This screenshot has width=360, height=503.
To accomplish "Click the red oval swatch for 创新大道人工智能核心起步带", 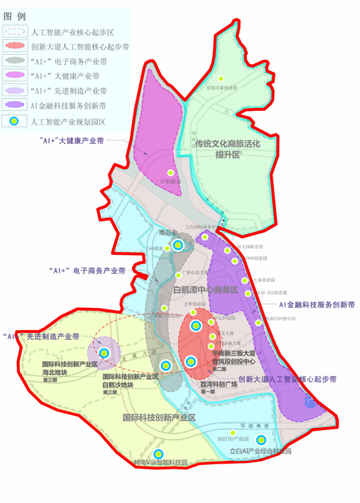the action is pos(14,46).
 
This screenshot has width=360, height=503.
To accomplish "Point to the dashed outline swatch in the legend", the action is pos(14,31).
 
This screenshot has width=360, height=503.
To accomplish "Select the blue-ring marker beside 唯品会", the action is pos(178,245).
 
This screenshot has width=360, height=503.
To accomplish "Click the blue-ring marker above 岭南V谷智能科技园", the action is pos(158,455).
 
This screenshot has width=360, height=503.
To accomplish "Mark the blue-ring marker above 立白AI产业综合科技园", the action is pos(260,440).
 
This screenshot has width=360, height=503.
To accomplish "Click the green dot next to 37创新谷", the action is pos(171,173).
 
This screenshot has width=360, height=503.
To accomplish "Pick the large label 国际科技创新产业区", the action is pos(159,417).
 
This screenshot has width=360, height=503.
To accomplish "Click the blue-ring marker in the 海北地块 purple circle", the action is pos(104,353).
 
